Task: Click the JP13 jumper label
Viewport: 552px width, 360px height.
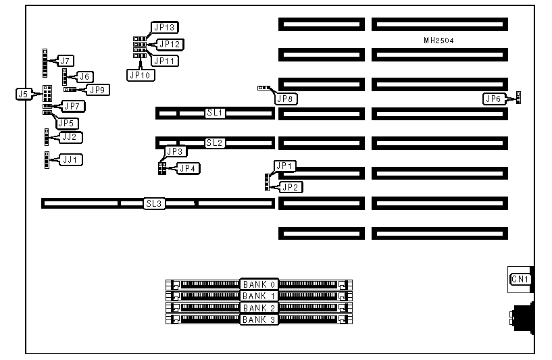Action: pos(165,28)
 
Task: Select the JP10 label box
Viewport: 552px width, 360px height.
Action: pos(141,75)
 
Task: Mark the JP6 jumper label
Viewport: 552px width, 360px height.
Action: pos(494,99)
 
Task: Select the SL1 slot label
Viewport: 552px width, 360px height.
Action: pos(215,113)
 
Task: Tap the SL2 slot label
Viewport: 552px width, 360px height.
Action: pos(215,143)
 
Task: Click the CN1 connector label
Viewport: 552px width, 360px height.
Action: pos(520,280)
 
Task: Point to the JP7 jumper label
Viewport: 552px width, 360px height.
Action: pos(74,106)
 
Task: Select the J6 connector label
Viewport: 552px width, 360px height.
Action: pos(86,77)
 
